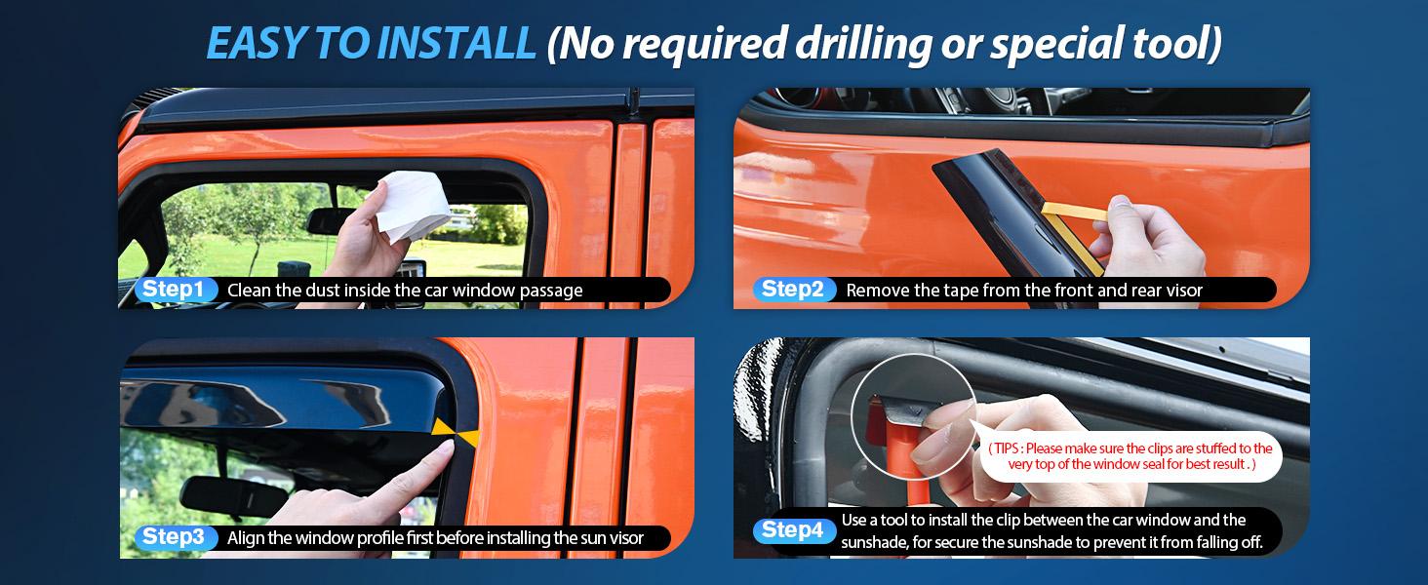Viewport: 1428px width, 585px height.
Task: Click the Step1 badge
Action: point(173,290)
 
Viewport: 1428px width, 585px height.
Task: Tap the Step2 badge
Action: point(793,290)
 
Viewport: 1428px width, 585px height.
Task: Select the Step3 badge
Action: point(173,537)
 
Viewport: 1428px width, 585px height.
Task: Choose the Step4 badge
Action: point(793,530)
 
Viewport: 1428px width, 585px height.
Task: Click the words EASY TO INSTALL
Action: point(371,44)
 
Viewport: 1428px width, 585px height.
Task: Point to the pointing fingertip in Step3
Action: point(445,448)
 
